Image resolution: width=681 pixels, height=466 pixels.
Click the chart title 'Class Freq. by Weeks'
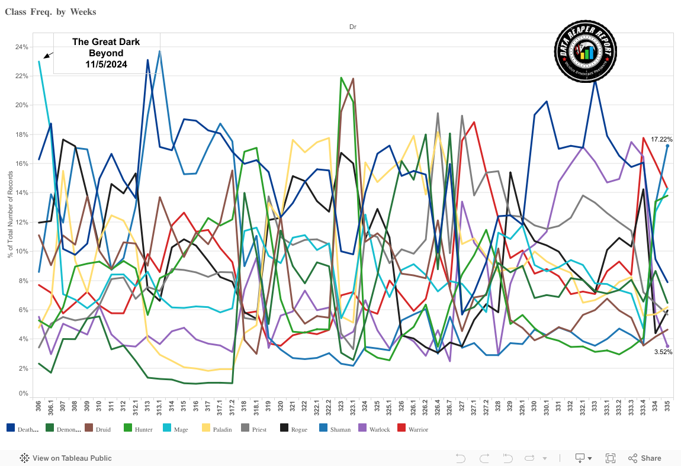[x=50, y=12]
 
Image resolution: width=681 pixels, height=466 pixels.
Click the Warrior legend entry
[x=414, y=429]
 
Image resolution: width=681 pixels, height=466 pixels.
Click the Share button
[x=644, y=458]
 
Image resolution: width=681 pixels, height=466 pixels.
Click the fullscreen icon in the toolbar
[x=611, y=458]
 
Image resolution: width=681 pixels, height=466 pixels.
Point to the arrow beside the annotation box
[x=48, y=55]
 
